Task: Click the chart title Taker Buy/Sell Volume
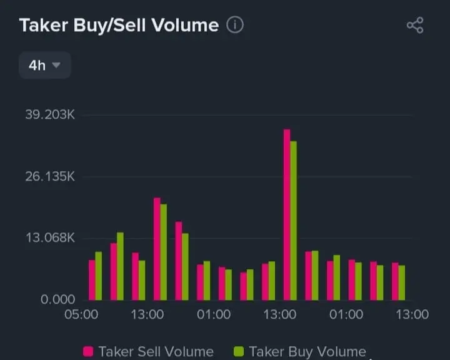[119, 26]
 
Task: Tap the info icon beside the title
[235, 25]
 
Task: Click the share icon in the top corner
[415, 25]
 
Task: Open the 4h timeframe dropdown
[44, 65]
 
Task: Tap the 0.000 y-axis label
[57, 299]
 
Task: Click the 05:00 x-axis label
[81, 314]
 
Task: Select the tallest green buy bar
[294, 220]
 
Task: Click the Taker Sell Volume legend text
[156, 352]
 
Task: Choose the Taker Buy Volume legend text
[307, 352]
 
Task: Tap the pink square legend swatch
[88, 352]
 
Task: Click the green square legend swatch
[238, 352]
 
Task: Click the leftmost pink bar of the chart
[92, 279]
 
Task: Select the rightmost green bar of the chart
[402, 282]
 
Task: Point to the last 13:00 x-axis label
[412, 314]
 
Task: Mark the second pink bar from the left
[114, 271]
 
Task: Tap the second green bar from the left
[120, 266]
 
